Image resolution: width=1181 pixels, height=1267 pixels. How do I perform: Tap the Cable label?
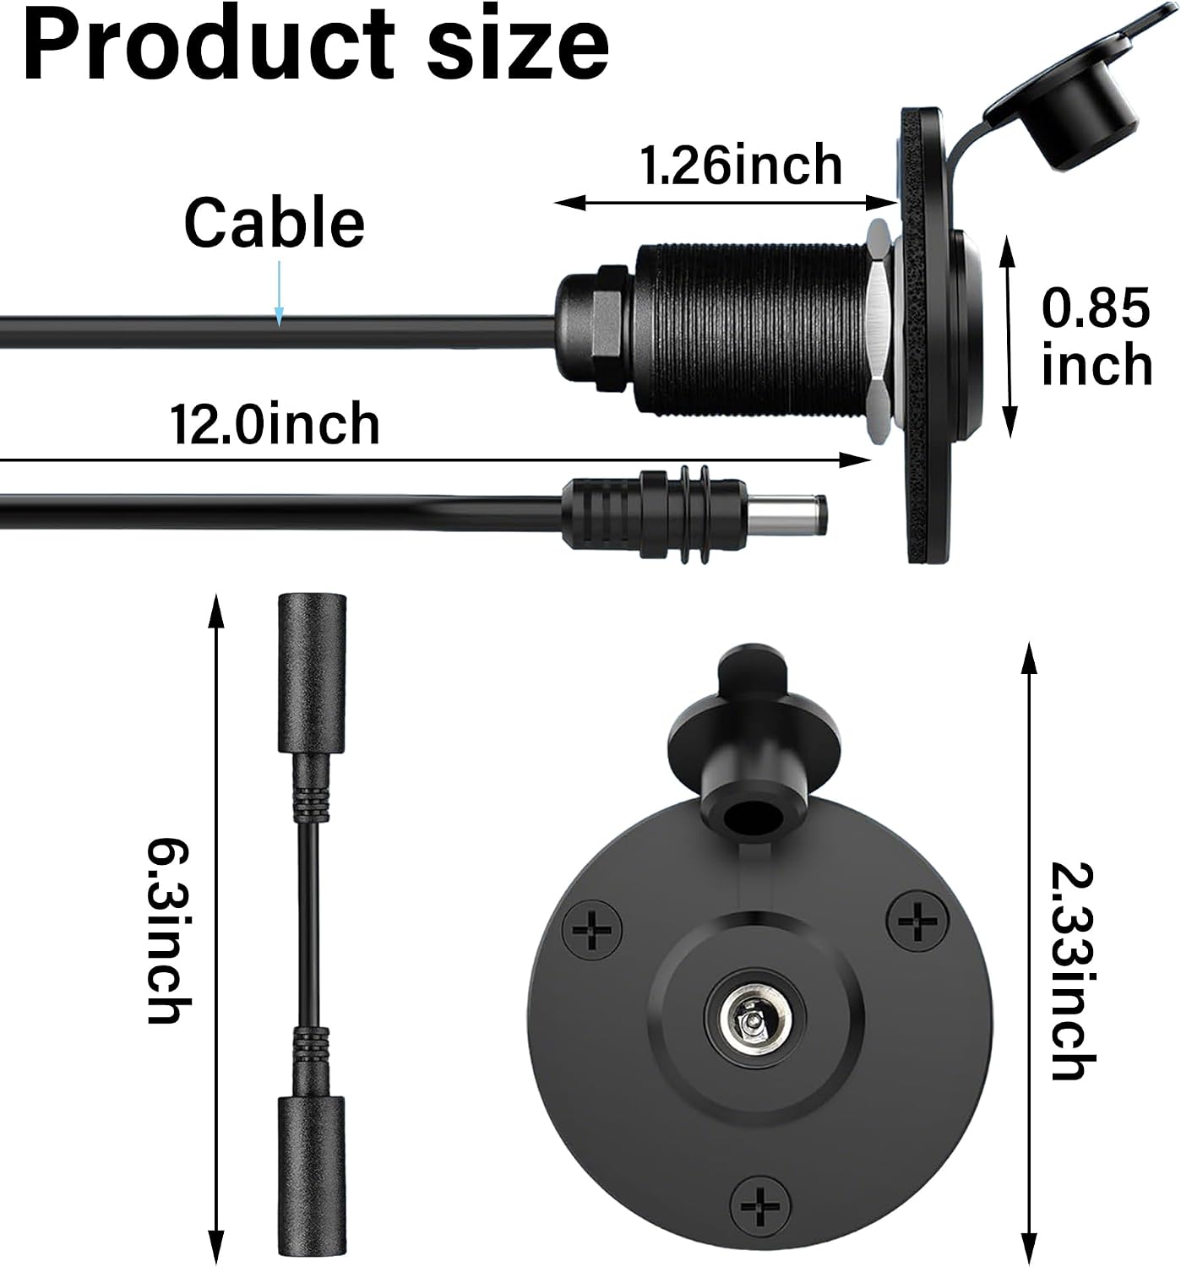(274, 222)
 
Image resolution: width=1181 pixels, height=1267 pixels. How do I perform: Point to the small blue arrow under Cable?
(278, 293)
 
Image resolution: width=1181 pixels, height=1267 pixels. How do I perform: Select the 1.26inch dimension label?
(741, 165)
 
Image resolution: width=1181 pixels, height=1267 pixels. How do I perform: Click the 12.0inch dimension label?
(275, 423)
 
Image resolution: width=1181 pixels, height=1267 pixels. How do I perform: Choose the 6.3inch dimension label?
(169, 931)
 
